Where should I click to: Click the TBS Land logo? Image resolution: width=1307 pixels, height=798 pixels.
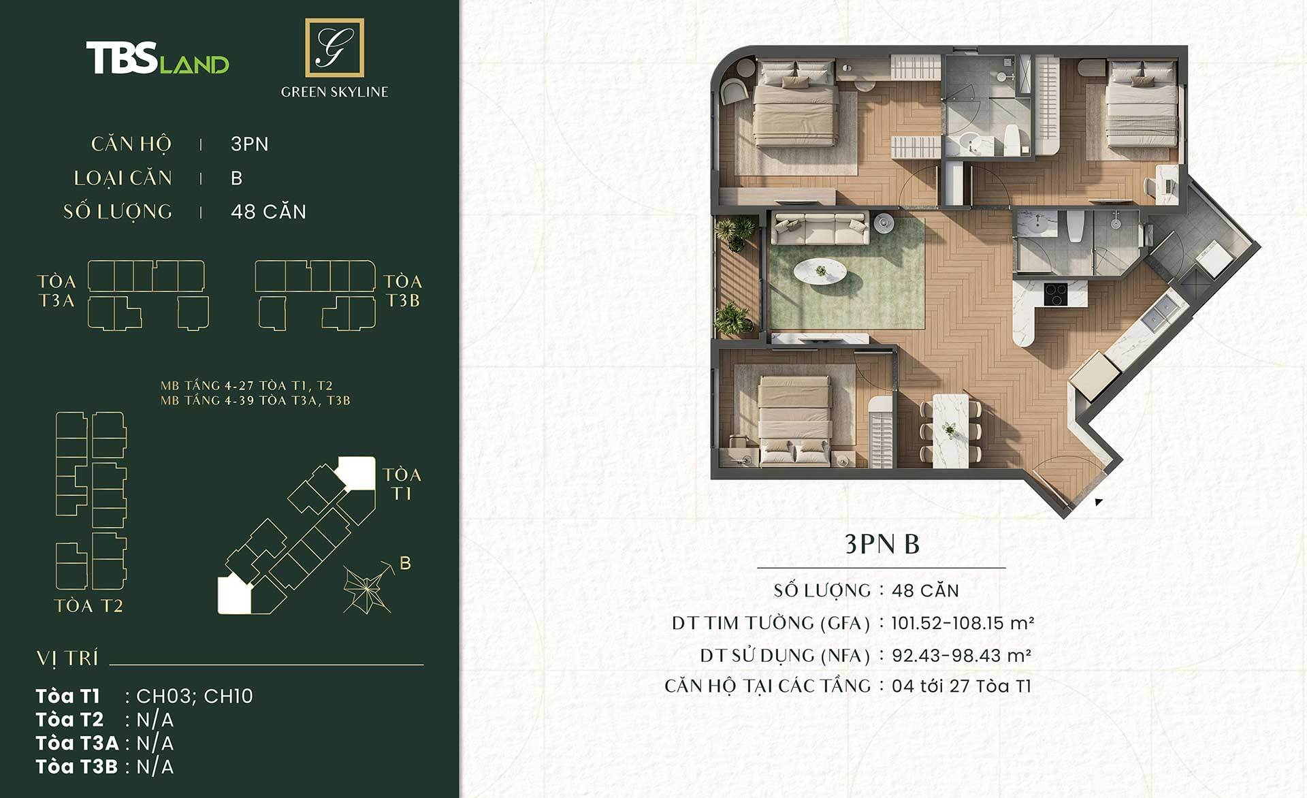tap(157, 58)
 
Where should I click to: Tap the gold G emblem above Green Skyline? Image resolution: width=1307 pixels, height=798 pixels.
tap(334, 48)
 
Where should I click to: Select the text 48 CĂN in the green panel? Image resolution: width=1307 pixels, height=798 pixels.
tap(268, 211)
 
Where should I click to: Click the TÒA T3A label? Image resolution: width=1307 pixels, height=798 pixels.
tap(57, 291)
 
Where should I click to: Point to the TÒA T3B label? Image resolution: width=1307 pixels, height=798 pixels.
tap(402, 291)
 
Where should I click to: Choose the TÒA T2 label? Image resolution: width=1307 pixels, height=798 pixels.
tap(88, 605)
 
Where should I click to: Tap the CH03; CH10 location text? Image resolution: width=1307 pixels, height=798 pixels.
tap(195, 696)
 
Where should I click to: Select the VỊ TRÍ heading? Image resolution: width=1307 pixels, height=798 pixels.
tap(67, 658)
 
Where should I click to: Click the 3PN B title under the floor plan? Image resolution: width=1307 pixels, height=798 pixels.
tap(882, 544)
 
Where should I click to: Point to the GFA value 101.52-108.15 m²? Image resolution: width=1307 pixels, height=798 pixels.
tap(963, 623)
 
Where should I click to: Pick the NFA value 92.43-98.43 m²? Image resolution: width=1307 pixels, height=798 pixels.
tap(961, 656)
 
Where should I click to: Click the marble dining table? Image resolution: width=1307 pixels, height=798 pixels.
tap(950, 430)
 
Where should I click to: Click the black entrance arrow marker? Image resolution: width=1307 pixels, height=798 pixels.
tap(1098, 502)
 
